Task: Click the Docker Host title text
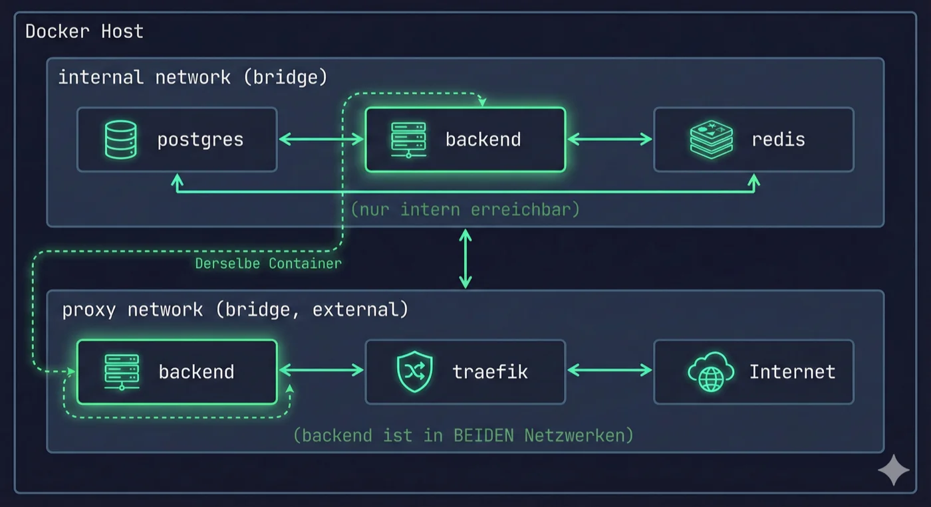click(x=84, y=31)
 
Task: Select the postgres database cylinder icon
click(x=121, y=140)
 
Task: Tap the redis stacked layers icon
click(x=711, y=140)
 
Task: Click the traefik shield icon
click(x=414, y=372)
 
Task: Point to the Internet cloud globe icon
click(x=710, y=372)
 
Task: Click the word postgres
click(x=200, y=140)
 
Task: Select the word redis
click(x=778, y=140)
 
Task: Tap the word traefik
click(x=490, y=371)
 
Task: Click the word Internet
click(x=792, y=371)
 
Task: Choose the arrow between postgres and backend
click(x=321, y=139)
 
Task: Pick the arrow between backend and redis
click(x=609, y=139)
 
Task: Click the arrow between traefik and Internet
click(x=609, y=371)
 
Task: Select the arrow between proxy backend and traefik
click(x=321, y=371)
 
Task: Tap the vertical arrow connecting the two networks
click(x=465, y=258)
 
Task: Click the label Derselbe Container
click(x=268, y=264)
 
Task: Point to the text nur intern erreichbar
click(x=465, y=209)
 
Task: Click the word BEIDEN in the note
click(x=485, y=435)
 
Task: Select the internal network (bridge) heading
click(x=193, y=78)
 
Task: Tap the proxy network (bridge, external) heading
click(x=235, y=310)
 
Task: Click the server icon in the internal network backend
click(x=408, y=140)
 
